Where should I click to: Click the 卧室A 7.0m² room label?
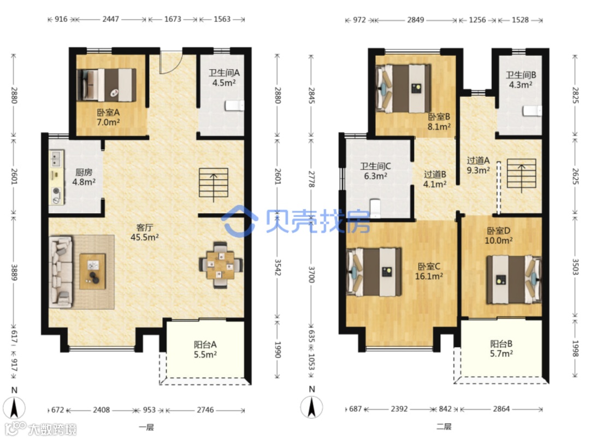[108, 117]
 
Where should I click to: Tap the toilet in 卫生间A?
[234, 105]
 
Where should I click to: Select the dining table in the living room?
[220, 265]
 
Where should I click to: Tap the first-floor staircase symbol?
[214, 184]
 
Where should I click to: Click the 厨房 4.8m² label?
[84, 177]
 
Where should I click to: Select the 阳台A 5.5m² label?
[205, 349]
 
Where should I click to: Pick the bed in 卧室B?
[403, 89]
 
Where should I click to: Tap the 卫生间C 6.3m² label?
[375, 171]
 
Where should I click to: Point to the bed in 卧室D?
[514, 280]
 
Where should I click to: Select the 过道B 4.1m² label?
[435, 179]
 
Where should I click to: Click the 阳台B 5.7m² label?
[501, 349]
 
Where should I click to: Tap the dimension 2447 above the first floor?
[110, 19]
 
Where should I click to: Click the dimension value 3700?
[311, 274]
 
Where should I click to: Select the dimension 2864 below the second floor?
[501, 409]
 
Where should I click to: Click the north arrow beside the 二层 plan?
[311, 407]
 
